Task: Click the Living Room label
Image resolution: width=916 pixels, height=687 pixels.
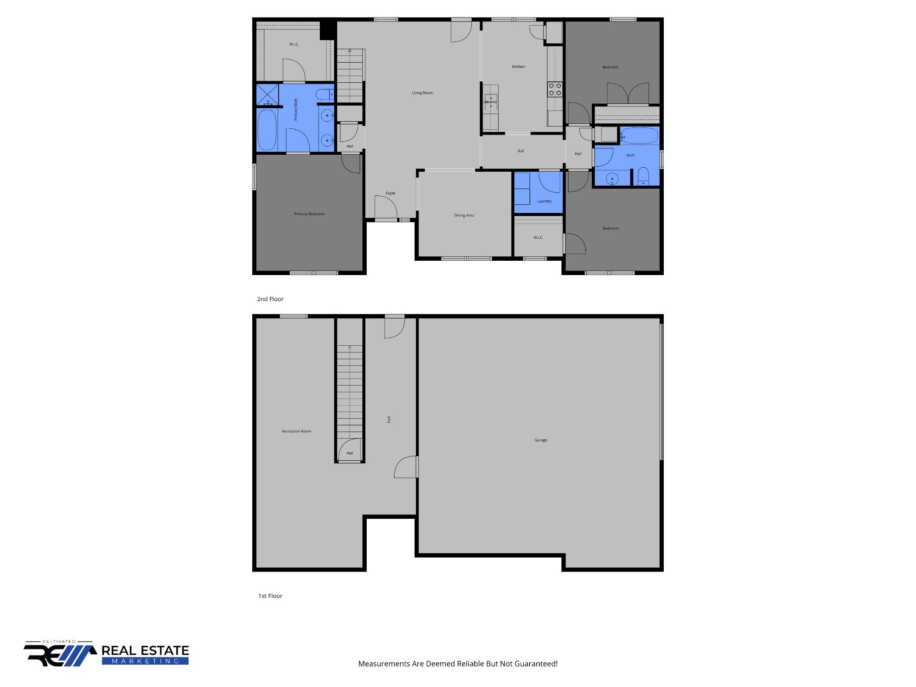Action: pyautogui.click(x=422, y=93)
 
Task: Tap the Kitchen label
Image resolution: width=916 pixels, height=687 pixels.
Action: pyautogui.click(x=518, y=67)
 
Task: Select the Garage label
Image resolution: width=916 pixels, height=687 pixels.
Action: pyautogui.click(x=541, y=440)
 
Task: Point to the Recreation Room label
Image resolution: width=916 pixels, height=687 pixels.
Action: pyautogui.click(x=296, y=431)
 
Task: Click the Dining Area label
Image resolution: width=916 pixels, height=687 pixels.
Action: pyautogui.click(x=464, y=216)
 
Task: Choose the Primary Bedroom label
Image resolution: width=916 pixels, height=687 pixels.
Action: pyautogui.click(x=309, y=214)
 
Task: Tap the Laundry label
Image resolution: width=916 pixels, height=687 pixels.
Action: pyautogui.click(x=544, y=201)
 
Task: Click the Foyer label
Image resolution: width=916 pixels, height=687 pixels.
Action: pyautogui.click(x=391, y=193)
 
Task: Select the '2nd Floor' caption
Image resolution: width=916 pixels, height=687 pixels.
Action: pyautogui.click(x=270, y=299)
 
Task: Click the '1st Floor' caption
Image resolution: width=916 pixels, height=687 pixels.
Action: pyautogui.click(x=270, y=596)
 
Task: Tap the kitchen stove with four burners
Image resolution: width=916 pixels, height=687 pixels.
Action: pyautogui.click(x=555, y=89)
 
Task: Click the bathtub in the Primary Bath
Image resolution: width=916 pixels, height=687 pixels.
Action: pyautogui.click(x=267, y=130)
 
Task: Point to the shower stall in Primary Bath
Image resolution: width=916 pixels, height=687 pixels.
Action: pyautogui.click(x=267, y=94)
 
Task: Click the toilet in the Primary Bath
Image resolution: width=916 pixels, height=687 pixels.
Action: pyautogui.click(x=324, y=94)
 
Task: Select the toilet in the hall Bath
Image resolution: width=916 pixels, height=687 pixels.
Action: pyautogui.click(x=643, y=176)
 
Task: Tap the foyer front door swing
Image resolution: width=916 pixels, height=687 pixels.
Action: pyautogui.click(x=386, y=208)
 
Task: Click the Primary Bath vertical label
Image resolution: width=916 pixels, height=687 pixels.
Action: pyautogui.click(x=296, y=110)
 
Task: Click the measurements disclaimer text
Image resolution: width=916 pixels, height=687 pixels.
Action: pyautogui.click(x=458, y=664)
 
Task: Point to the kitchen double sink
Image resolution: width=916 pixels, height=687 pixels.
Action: pyautogui.click(x=491, y=102)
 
